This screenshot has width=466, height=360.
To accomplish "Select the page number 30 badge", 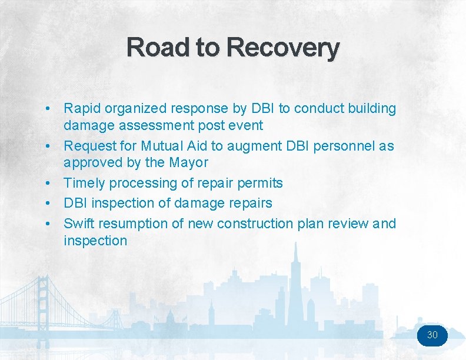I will pos(432,335).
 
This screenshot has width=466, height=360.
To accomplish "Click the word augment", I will pos(254,145).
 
